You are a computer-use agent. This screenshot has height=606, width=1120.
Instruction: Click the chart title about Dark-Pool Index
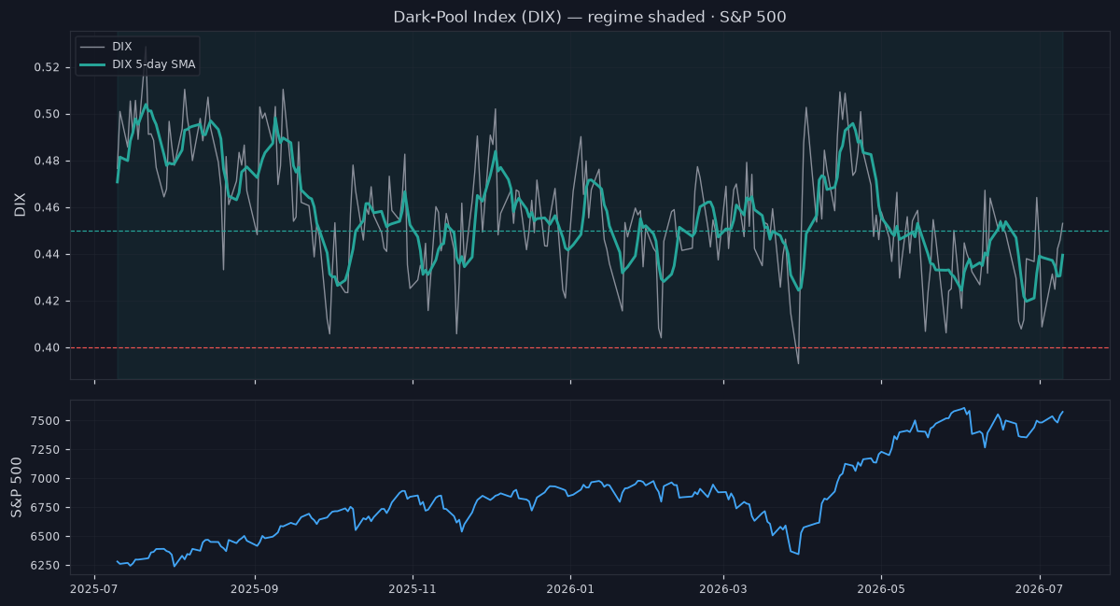(590, 17)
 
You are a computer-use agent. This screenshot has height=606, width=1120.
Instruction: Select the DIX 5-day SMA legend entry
(137, 64)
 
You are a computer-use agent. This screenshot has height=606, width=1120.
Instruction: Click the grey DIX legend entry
(106, 47)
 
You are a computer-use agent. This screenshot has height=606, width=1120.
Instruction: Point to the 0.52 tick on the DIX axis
(47, 67)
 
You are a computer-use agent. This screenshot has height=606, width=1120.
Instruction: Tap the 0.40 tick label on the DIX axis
(47, 347)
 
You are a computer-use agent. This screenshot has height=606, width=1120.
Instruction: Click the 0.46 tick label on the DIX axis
(47, 207)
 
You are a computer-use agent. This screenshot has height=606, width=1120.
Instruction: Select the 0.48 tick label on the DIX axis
(47, 162)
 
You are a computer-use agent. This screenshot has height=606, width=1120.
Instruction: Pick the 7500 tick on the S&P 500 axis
(45, 421)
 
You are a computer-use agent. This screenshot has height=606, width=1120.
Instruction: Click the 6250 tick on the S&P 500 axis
(45, 566)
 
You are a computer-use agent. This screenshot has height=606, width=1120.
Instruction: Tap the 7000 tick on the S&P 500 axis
(45, 479)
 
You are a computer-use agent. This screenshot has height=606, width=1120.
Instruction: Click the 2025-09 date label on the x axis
(255, 589)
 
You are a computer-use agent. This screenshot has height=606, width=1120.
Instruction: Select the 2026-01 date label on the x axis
(570, 589)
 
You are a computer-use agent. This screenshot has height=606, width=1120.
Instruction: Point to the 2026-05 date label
(881, 589)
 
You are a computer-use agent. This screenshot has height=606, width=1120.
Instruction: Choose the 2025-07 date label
(94, 589)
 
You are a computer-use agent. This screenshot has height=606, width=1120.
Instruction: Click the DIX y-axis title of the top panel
(20, 204)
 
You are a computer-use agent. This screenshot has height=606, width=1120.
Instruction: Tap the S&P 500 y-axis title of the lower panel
(17, 487)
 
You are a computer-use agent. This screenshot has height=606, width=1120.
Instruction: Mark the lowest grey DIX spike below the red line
(798, 363)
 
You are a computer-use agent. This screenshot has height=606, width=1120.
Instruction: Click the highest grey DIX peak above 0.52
(146, 48)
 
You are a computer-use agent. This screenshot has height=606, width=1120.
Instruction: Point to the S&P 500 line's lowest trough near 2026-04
(798, 554)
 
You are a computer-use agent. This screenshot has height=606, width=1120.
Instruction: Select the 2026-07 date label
(1039, 589)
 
